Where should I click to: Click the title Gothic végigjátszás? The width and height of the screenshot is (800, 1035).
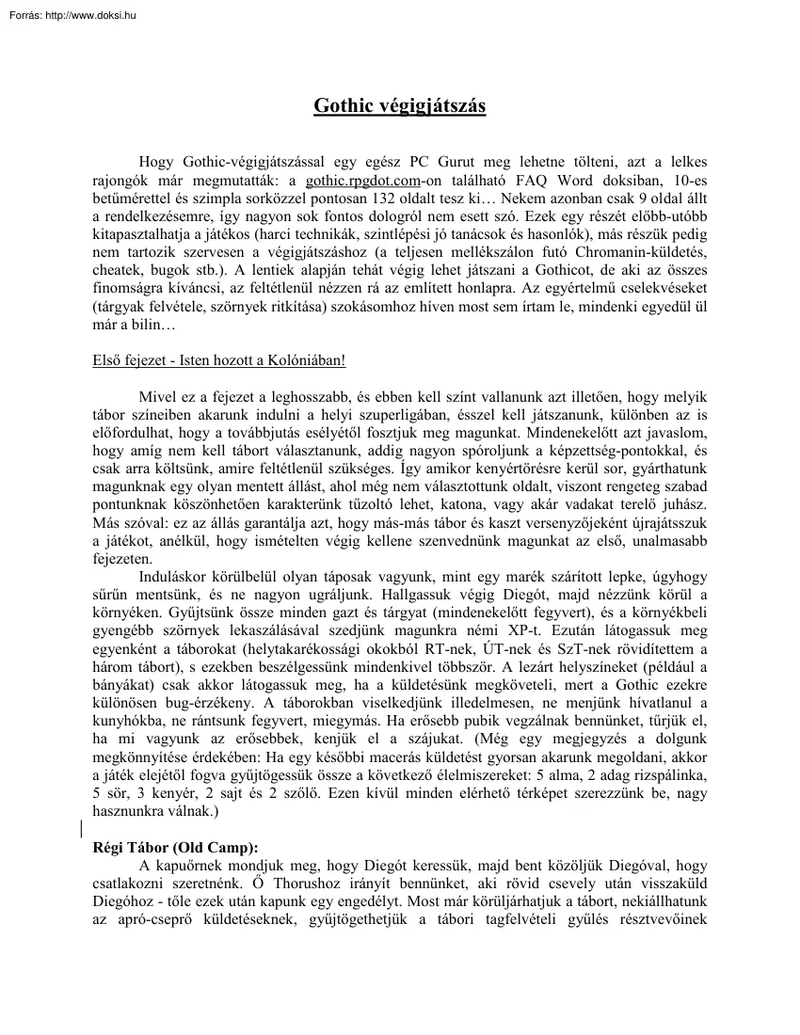[399, 106]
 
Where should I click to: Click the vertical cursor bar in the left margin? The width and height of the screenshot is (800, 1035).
[81, 828]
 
